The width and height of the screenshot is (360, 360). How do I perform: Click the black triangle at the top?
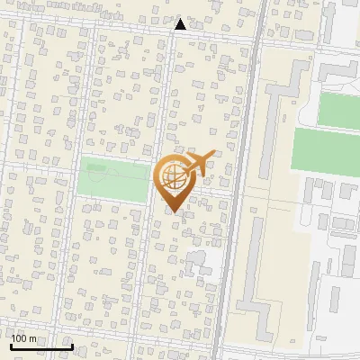point(181,24)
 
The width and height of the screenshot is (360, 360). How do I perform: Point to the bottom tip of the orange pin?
point(175,212)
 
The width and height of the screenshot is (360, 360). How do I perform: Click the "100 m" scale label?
point(24,338)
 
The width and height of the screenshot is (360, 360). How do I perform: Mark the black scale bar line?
point(41,346)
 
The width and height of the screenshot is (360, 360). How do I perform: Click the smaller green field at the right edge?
point(339,110)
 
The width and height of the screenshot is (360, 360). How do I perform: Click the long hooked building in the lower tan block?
point(256,270)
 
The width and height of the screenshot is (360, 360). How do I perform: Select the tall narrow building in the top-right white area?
point(328,22)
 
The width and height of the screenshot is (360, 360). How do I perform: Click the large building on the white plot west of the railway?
point(207,270)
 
